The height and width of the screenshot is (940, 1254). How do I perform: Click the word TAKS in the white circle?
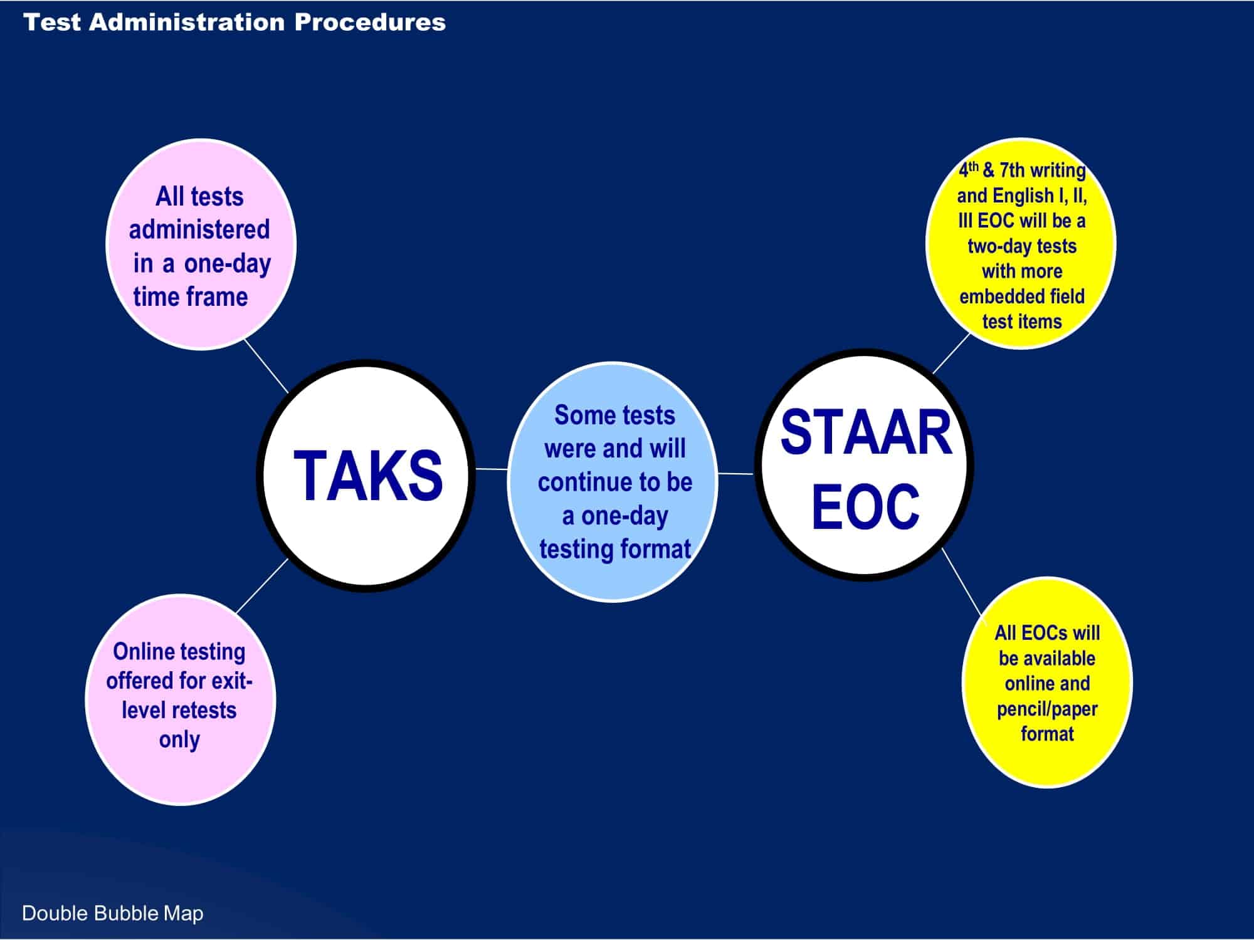point(368,476)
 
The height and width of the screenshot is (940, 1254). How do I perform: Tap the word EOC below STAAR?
point(865,506)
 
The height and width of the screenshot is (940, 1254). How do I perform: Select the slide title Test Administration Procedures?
point(234,23)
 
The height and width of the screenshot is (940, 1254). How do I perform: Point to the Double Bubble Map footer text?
point(113,913)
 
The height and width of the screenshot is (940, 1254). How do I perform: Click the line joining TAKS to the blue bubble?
point(492,469)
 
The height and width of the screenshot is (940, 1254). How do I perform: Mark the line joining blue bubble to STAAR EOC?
point(735,474)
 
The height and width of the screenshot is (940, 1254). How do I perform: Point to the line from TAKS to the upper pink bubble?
point(266,366)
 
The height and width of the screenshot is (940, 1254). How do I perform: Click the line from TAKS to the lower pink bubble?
point(262,585)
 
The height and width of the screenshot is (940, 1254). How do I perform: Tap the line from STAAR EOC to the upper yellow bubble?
point(951,353)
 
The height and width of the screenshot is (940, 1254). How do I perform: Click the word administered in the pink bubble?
point(199,230)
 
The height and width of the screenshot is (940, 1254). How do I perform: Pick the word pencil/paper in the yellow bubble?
point(1046,709)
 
